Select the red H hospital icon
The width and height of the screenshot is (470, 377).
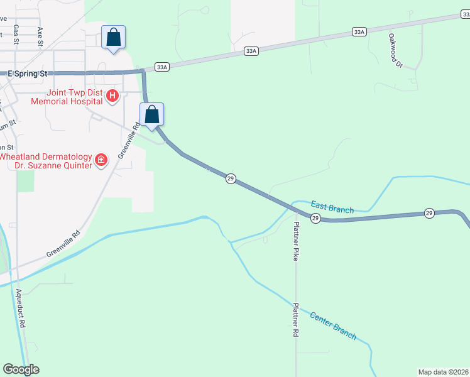coord(112,96)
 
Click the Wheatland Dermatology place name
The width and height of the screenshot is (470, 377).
coord(45,156)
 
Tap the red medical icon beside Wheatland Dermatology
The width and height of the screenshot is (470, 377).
coord(101,161)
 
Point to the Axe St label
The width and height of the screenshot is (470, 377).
coord(40,32)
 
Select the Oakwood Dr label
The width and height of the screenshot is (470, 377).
coord(395,50)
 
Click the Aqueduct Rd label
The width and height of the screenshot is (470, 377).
coord(21,309)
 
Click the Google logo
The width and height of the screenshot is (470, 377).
coord(21,369)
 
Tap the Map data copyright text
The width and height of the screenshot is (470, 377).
coord(444,372)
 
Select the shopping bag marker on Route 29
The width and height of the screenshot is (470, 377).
coord(151,114)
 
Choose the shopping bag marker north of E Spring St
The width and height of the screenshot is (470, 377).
coord(113,37)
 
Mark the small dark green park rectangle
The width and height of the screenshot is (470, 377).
coord(26,181)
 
